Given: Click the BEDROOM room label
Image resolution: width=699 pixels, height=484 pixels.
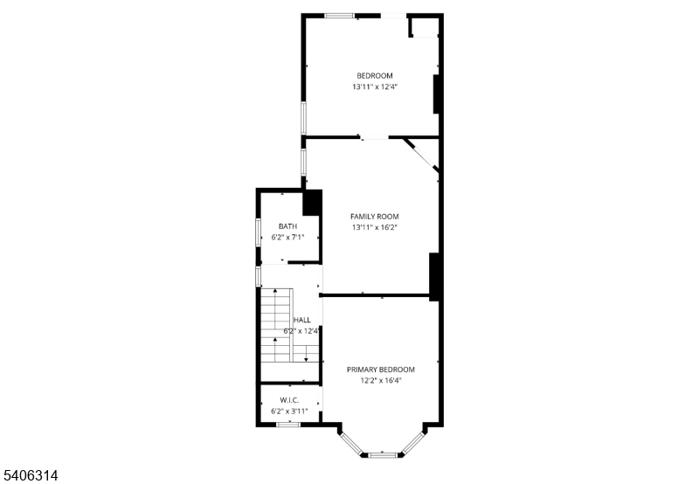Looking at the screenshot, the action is pyautogui.click(x=375, y=76).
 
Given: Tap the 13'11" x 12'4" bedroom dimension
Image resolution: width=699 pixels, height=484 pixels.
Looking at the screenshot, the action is pyautogui.click(x=375, y=86).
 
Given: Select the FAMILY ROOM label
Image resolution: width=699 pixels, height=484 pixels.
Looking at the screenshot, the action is pyautogui.click(x=375, y=217).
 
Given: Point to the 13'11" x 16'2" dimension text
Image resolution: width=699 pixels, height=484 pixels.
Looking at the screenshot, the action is pyautogui.click(x=375, y=228).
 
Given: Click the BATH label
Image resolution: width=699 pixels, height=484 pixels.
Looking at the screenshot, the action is pyautogui.click(x=287, y=226).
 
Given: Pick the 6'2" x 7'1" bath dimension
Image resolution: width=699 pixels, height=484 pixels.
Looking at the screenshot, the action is pyautogui.click(x=287, y=238).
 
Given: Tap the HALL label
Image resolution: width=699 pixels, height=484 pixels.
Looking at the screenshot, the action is pyautogui.click(x=302, y=320).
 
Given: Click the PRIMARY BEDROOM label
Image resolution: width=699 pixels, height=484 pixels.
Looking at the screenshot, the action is pyautogui.click(x=381, y=370).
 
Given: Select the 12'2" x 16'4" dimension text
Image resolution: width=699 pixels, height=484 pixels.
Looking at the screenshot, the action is pyautogui.click(x=381, y=381).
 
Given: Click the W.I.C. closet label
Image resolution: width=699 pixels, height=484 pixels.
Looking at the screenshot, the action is pyautogui.click(x=289, y=400).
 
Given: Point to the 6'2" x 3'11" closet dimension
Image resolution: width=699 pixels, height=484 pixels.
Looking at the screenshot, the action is pyautogui.click(x=289, y=411).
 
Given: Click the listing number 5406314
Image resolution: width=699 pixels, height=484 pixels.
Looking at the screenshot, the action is pyautogui.click(x=29, y=475).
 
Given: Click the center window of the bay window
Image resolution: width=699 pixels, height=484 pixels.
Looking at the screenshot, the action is pyautogui.click(x=383, y=455).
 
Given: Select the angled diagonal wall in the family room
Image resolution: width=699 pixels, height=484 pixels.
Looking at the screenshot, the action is pyautogui.click(x=421, y=155).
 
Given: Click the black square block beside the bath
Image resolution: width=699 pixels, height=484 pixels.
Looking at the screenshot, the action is pyautogui.click(x=312, y=203).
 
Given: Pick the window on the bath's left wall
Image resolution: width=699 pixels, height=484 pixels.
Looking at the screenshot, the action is pyautogui.click(x=258, y=232).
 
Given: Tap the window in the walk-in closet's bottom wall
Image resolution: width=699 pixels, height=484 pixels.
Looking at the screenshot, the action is pyautogui.click(x=288, y=425).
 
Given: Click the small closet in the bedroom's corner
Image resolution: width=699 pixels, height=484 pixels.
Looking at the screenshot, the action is pyautogui.click(x=424, y=27).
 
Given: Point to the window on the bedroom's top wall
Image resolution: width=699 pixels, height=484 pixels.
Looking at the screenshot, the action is pyautogui.click(x=339, y=16).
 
